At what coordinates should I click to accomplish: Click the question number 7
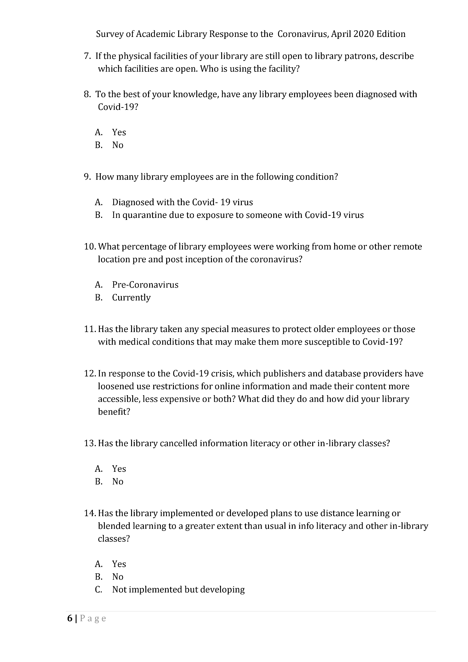pos(87,56)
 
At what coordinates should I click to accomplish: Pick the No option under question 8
pos(118,145)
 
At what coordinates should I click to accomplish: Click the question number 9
pos(87,177)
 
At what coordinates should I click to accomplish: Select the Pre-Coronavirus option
pos(145,285)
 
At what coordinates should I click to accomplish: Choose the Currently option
pos(131,298)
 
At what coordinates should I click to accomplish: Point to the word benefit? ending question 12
pos(114,412)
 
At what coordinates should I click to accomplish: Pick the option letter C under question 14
pos(98,590)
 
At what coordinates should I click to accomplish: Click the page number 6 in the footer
pos(70,619)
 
